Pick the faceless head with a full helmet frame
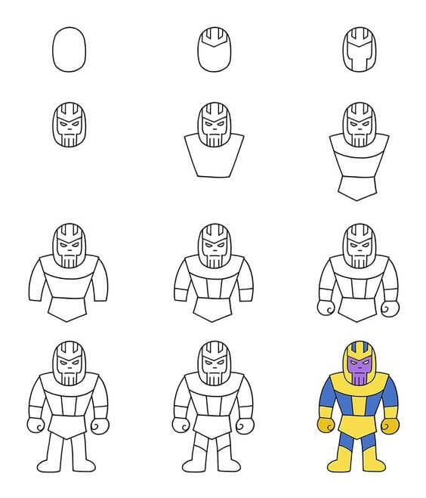click(x=358, y=51)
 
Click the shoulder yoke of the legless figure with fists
click(x=357, y=272)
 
